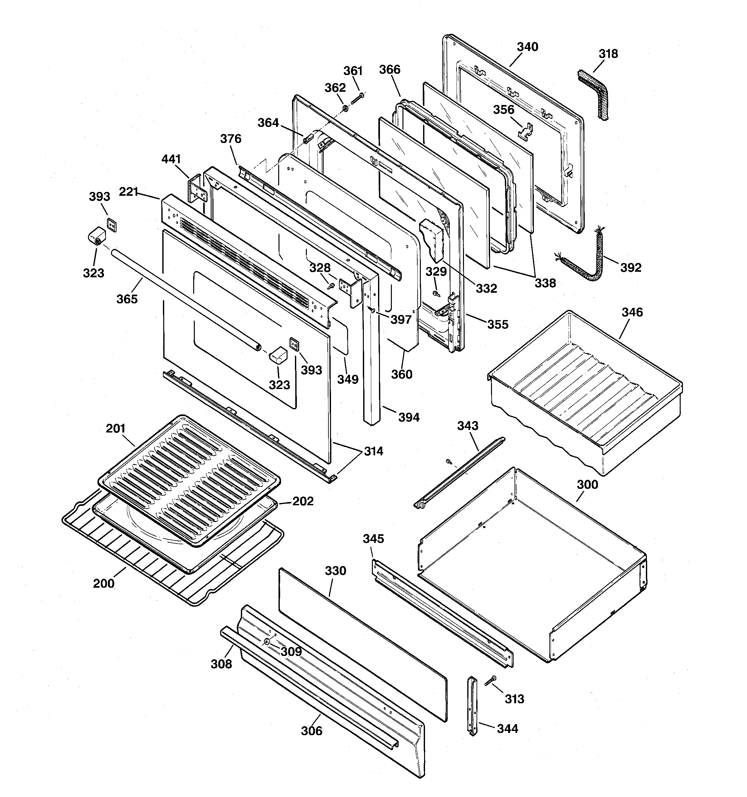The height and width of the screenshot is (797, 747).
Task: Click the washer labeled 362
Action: (x=345, y=108)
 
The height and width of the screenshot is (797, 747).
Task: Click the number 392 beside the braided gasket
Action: (x=631, y=267)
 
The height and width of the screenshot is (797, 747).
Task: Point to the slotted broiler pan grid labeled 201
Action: (x=188, y=479)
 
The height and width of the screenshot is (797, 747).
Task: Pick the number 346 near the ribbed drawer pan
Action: (x=632, y=312)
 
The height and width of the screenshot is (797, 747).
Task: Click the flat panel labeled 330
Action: (x=361, y=641)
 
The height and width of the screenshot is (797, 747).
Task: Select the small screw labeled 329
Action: (x=435, y=294)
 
